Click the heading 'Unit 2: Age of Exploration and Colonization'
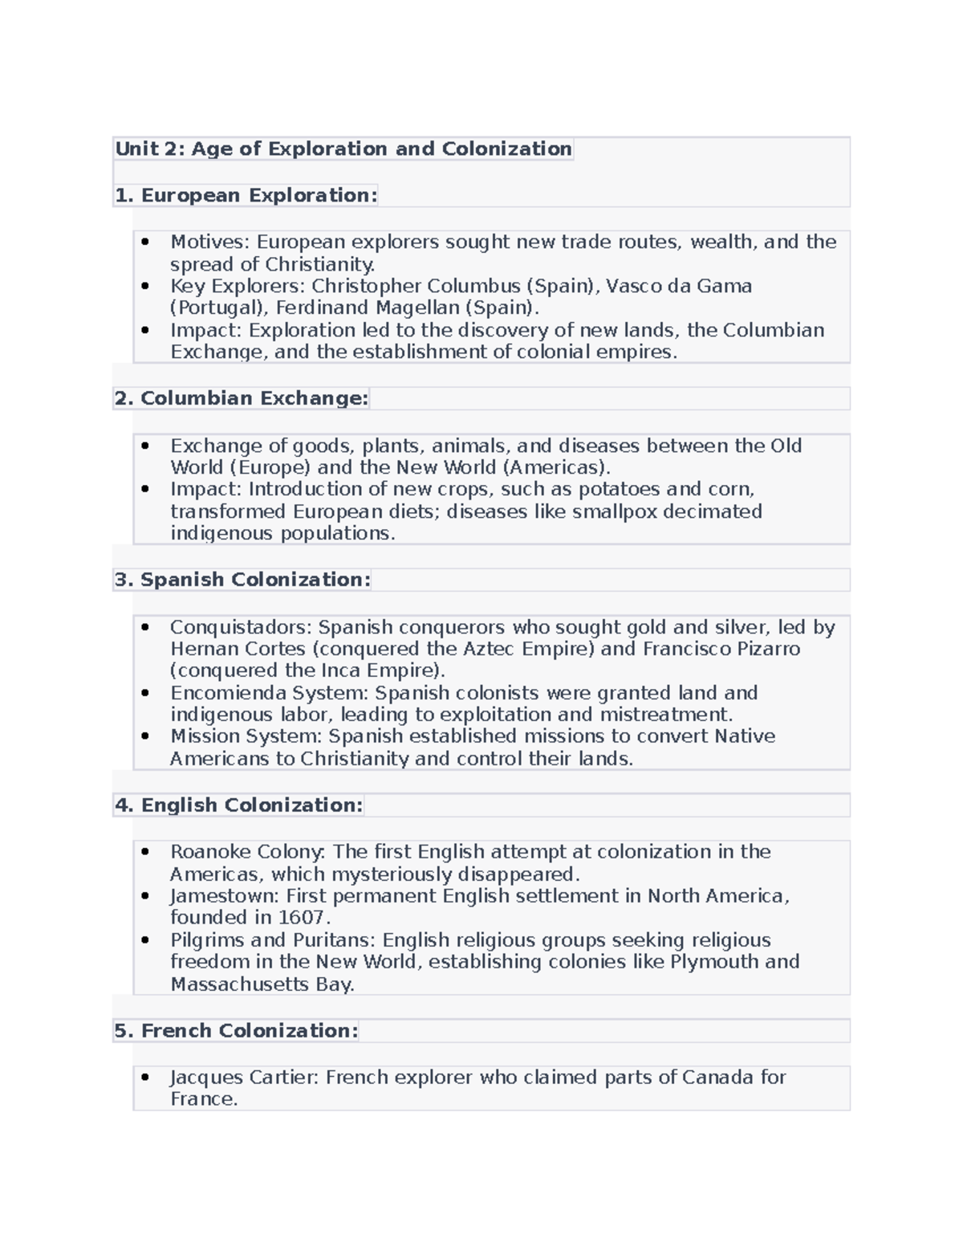(x=343, y=149)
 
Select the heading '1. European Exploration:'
(x=246, y=196)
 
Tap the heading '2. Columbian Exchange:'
(x=241, y=399)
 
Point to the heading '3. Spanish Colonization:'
(x=242, y=581)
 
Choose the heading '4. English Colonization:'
(x=238, y=805)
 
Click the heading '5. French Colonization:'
(x=236, y=1031)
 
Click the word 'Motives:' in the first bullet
(x=210, y=242)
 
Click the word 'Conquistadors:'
(x=241, y=628)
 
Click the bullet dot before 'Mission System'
(x=145, y=736)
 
